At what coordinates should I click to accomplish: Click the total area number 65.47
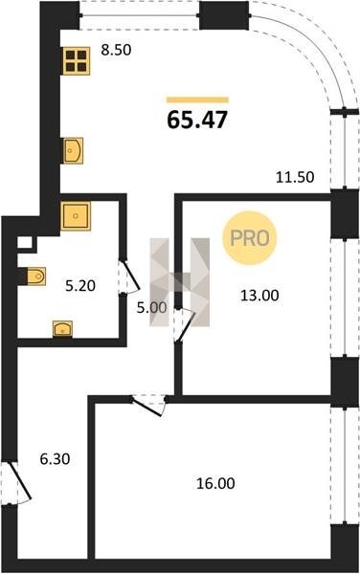(197, 120)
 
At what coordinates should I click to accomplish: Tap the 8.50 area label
(116, 50)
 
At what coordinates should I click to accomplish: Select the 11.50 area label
(295, 177)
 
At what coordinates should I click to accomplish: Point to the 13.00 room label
(259, 295)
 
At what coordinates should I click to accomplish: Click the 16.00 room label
(215, 483)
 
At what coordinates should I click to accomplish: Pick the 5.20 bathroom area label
(80, 285)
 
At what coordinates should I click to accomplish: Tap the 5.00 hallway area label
(151, 308)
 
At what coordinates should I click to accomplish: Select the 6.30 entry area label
(55, 458)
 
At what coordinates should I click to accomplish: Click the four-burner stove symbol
(77, 61)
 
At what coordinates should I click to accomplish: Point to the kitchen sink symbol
(73, 150)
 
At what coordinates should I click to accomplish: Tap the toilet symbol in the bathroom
(34, 276)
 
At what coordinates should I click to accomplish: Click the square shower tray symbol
(76, 216)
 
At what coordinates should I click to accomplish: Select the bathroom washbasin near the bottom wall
(62, 329)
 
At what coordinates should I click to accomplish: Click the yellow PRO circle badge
(250, 238)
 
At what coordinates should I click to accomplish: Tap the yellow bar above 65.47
(198, 99)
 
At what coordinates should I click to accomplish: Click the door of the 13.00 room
(184, 325)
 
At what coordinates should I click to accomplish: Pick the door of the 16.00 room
(148, 405)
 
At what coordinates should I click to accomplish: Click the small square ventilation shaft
(24, 243)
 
